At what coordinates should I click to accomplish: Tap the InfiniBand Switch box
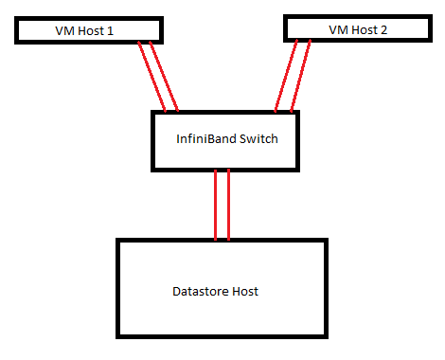click(227, 140)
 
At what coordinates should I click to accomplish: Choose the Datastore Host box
click(221, 288)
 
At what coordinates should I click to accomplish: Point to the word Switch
click(258, 139)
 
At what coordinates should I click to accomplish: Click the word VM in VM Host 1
click(63, 30)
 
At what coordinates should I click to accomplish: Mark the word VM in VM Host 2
click(338, 29)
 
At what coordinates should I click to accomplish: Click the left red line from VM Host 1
click(151, 76)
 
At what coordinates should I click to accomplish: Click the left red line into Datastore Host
click(217, 204)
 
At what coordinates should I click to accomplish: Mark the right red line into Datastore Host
click(229, 204)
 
